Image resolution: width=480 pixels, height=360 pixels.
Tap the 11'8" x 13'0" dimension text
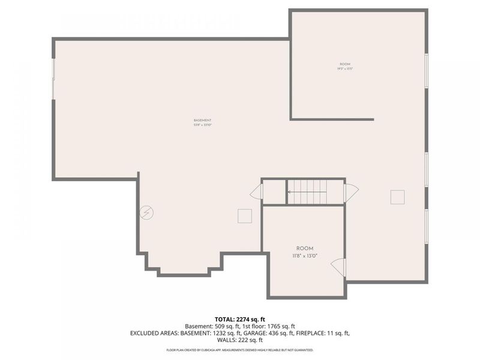(x=304, y=256)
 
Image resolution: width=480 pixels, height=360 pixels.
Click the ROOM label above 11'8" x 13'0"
(x=304, y=248)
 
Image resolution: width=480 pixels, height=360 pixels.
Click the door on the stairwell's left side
(x=257, y=192)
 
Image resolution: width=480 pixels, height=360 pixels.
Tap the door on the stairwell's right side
(x=351, y=192)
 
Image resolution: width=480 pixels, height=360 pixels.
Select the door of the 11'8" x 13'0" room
(x=339, y=267)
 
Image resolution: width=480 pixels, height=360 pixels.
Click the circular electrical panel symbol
(x=146, y=212)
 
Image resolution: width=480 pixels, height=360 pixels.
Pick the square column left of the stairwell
(x=244, y=216)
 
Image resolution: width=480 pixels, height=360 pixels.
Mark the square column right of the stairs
(x=397, y=197)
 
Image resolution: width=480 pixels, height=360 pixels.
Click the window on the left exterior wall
(x=53, y=78)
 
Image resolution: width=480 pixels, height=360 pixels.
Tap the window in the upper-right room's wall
(x=427, y=71)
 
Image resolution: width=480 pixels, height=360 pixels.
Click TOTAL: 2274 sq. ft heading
(x=239, y=319)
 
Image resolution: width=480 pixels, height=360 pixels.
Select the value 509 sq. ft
(x=223, y=326)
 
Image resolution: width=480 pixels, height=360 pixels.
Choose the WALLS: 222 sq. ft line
(x=239, y=340)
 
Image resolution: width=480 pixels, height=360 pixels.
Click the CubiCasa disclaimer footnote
(x=239, y=349)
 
